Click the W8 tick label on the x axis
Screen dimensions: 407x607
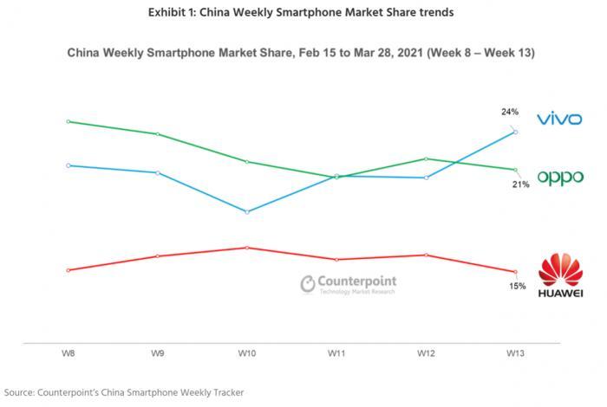point(67,353)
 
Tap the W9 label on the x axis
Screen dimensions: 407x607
point(157,353)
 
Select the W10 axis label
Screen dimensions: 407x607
point(247,353)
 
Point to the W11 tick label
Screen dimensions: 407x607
point(336,353)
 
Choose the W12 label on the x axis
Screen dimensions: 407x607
point(426,353)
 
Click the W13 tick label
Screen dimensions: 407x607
point(515,353)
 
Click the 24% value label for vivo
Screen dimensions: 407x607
point(510,112)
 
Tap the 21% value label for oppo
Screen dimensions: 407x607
point(520,184)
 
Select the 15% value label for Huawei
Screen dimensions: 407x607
point(517,286)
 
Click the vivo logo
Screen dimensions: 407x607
point(559,119)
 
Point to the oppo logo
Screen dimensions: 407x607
point(559,178)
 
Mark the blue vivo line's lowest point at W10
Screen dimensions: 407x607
point(247,211)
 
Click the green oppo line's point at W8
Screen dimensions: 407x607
point(67,121)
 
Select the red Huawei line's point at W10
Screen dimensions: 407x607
point(247,247)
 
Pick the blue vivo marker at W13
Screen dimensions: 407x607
point(515,132)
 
